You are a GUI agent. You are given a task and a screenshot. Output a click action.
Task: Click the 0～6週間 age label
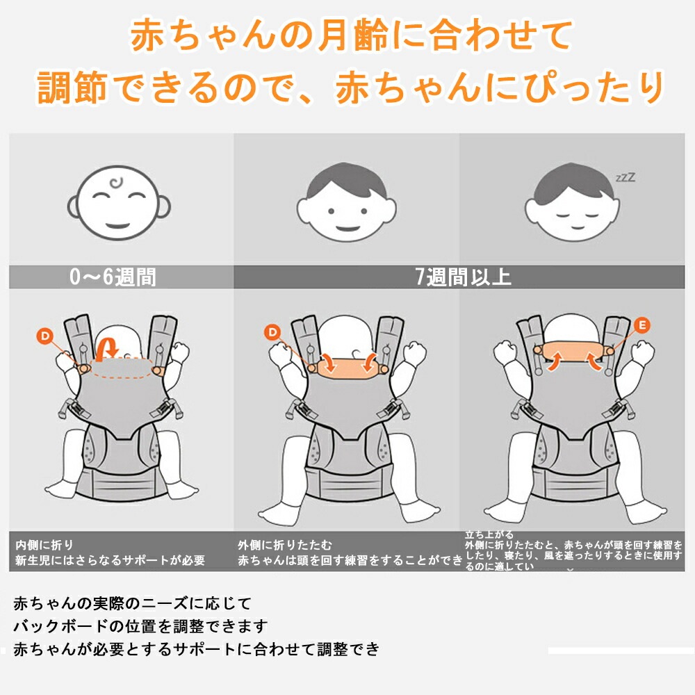click(x=113, y=277)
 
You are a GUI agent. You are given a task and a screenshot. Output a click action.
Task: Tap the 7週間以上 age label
click(x=464, y=277)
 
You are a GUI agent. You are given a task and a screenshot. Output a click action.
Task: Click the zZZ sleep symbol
click(x=625, y=178)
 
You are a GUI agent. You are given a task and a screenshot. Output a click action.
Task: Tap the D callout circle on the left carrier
click(x=45, y=336)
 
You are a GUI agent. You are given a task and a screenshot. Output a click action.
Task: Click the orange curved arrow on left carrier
click(x=109, y=347)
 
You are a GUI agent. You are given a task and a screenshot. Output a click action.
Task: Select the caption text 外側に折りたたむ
click(x=285, y=544)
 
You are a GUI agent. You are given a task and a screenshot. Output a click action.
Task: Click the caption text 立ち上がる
click(x=489, y=534)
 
